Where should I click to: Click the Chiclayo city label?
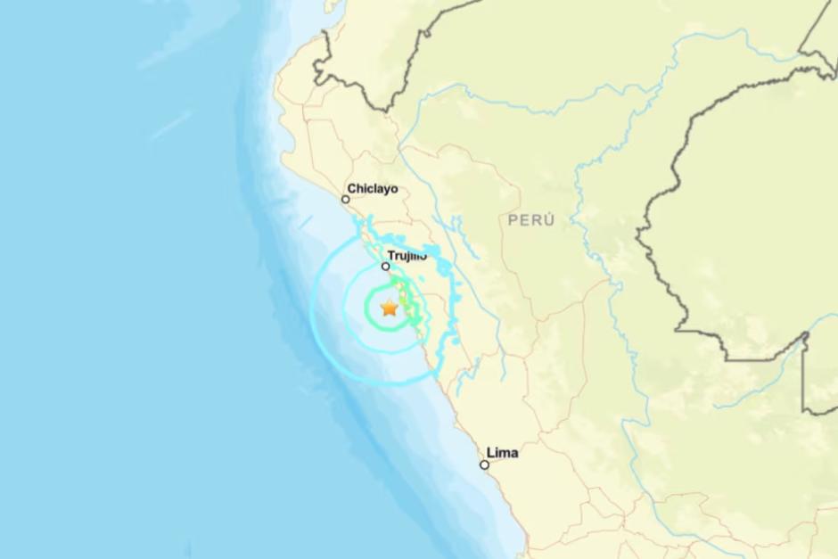click(x=373, y=188)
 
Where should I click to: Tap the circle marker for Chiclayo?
click(x=346, y=200)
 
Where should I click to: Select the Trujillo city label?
click(x=408, y=256)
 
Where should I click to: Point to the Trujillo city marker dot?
click(x=386, y=267)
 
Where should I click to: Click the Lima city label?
click(x=503, y=453)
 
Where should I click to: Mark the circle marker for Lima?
click(x=484, y=464)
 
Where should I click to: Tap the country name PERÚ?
click(x=531, y=219)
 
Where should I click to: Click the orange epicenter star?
click(x=390, y=308)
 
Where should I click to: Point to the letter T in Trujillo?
click(x=393, y=256)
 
